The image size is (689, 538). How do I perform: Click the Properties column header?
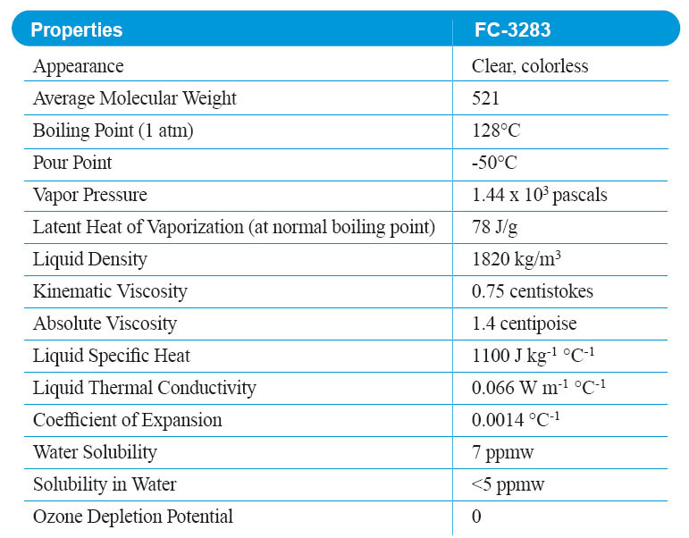[x=77, y=29]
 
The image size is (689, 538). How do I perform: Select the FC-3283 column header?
[x=513, y=29]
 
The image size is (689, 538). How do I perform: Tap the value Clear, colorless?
[x=530, y=66]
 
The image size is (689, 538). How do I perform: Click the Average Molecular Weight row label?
[x=135, y=98]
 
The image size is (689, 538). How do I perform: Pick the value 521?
[x=486, y=98]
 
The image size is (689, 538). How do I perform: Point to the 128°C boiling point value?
[x=496, y=130]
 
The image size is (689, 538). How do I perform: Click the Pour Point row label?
[x=72, y=163]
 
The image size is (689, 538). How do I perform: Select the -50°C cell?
[x=494, y=163]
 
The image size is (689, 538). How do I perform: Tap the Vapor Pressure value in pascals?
[x=539, y=195]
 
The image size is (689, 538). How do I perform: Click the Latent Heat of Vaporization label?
[x=234, y=227]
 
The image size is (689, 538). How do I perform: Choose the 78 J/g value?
[x=494, y=227]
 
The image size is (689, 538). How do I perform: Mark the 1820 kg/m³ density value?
[x=517, y=259]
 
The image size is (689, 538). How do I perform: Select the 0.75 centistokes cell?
[x=533, y=291]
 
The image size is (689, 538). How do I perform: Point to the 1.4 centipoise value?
[x=525, y=324]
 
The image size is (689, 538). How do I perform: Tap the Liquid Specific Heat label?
[x=112, y=356]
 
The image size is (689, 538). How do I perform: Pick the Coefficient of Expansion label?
[x=128, y=420]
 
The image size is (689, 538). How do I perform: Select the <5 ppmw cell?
[x=508, y=484]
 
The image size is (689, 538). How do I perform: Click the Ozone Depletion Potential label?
[x=133, y=517]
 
